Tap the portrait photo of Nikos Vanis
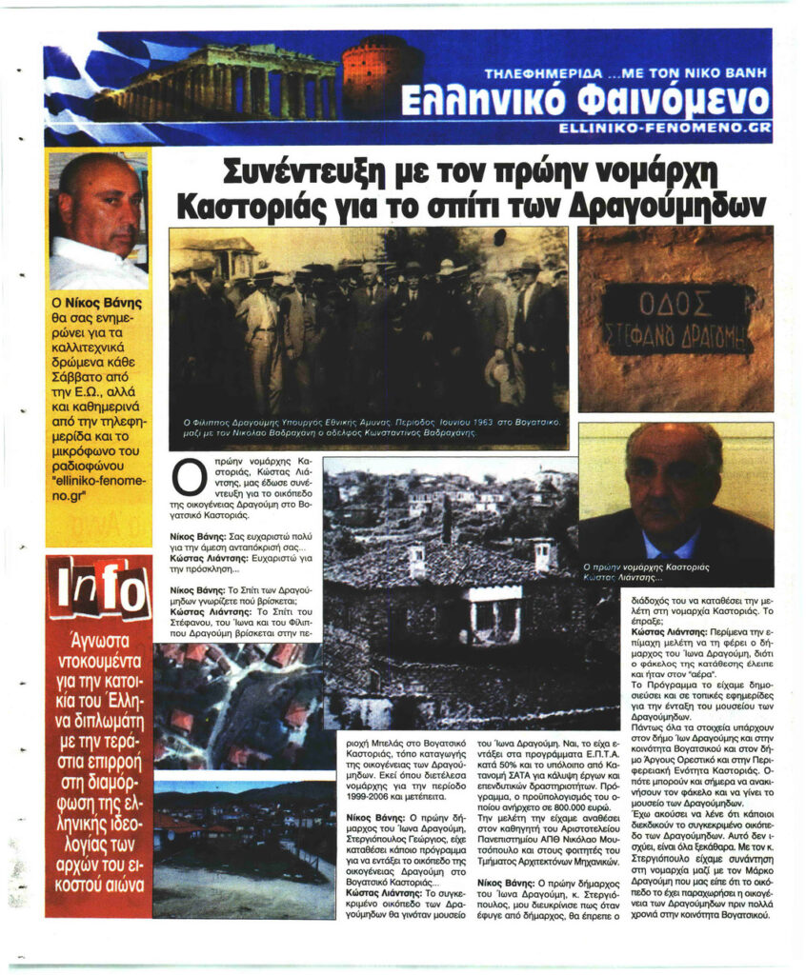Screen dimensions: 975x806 98,221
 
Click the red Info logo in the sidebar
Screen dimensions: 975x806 98,588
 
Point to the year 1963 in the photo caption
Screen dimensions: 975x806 464,421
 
